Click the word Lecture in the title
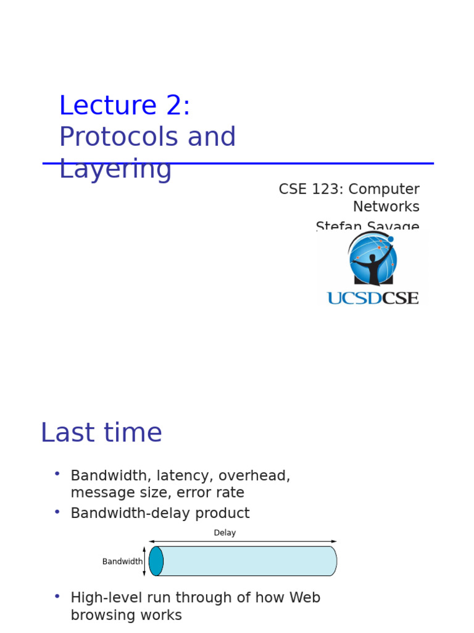tap(108, 106)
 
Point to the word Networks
tap(386, 206)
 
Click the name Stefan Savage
tap(367, 226)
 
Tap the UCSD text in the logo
tap(354, 299)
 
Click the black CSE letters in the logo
tap(400, 299)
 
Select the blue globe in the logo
tap(373, 260)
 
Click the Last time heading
tap(101, 433)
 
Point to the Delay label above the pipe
tap(225, 533)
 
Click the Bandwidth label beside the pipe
tap(122, 561)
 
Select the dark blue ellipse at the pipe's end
tap(156, 561)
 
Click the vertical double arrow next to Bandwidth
tap(144, 561)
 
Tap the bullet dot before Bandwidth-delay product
tap(57, 512)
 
